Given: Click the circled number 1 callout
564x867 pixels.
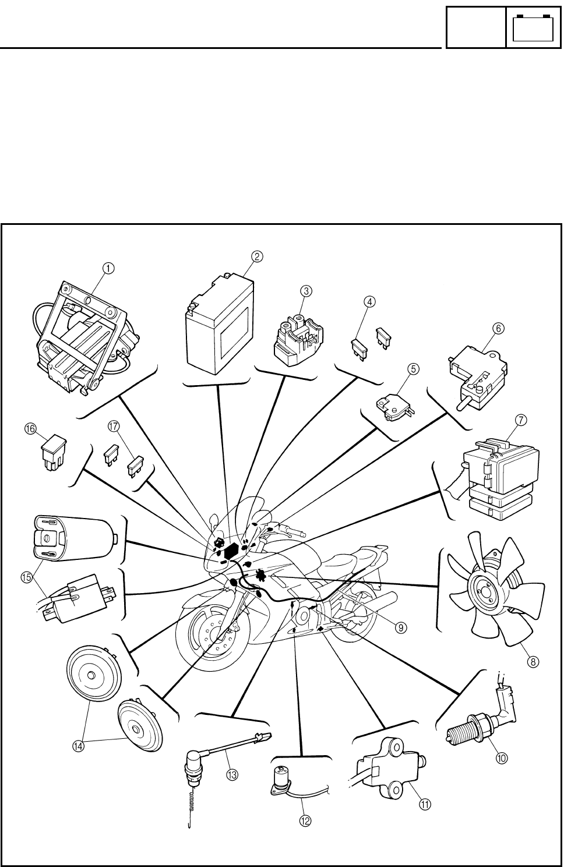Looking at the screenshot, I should coord(108,267).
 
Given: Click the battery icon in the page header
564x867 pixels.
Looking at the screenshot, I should coord(534,27).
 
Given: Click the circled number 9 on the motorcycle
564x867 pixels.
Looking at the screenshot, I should coord(401,627).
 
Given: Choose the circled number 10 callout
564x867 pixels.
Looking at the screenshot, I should coord(502,757).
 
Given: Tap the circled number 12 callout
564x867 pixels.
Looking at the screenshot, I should coord(305,820).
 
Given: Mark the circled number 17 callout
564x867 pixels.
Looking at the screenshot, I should coord(114,426).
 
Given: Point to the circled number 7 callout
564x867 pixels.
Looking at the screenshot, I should coord(521,419).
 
